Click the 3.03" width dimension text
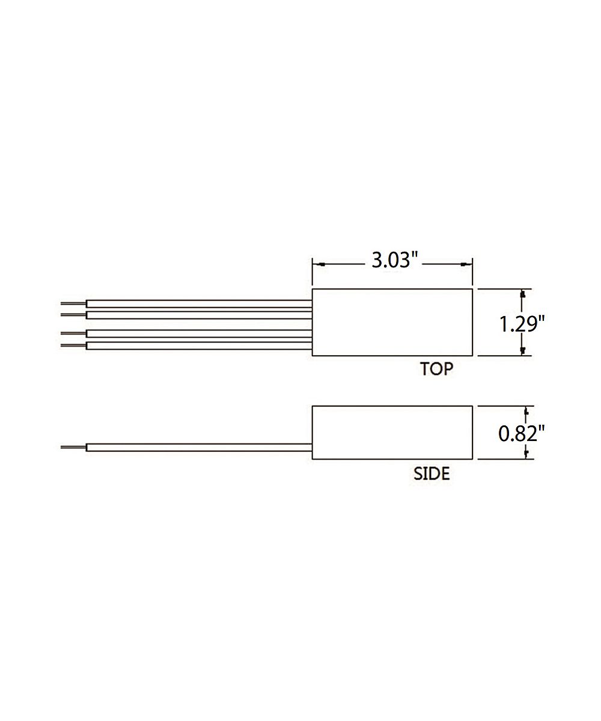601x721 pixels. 395,260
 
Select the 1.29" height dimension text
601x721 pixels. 522,324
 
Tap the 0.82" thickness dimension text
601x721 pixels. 521,434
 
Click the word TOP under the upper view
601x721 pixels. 436,369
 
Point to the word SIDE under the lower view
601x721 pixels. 432,474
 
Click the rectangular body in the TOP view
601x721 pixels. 392,322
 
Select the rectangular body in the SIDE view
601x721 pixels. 392,433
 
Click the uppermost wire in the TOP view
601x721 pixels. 199,304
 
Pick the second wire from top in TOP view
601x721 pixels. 199,315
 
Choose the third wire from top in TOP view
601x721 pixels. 199,333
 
